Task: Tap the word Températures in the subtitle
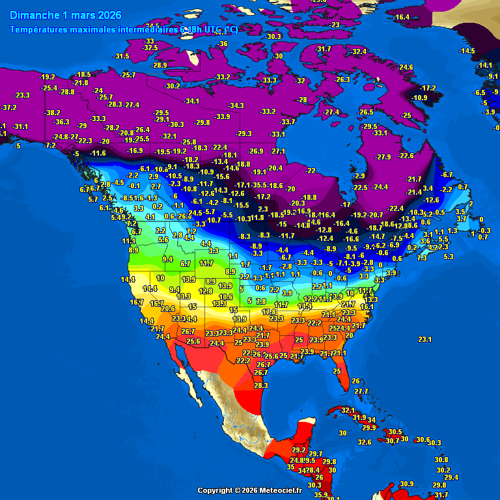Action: click(x=38, y=29)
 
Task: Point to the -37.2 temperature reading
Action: click(x=8, y=107)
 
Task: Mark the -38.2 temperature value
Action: click(x=52, y=113)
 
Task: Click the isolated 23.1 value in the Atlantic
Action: click(x=425, y=339)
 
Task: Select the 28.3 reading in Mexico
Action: click(x=260, y=385)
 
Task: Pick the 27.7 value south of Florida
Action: click(x=361, y=391)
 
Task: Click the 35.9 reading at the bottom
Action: click(x=321, y=495)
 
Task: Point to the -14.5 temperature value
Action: click(x=467, y=51)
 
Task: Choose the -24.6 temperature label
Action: click(x=405, y=67)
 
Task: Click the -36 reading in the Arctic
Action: click(x=223, y=44)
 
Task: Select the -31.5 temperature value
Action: click(x=122, y=57)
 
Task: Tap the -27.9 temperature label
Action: click(x=383, y=157)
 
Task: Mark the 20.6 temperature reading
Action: click(x=168, y=309)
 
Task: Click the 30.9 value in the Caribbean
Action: click(x=407, y=483)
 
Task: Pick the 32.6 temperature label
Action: click(x=365, y=442)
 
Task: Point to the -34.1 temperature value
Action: click(x=191, y=101)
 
